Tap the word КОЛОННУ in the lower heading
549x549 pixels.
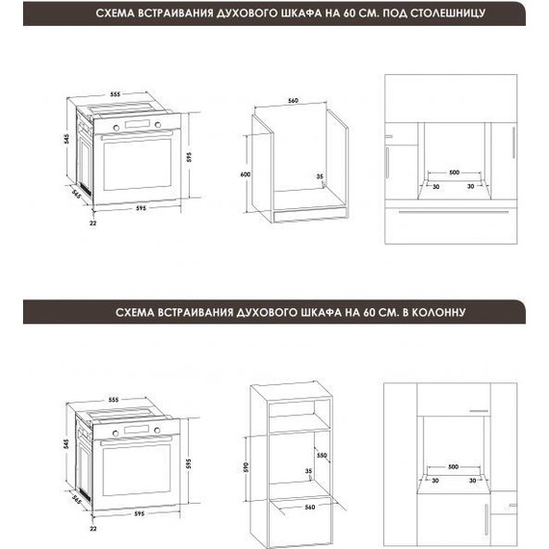click(x=437, y=313)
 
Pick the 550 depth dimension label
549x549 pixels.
click(x=324, y=455)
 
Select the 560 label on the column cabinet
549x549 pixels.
click(x=310, y=506)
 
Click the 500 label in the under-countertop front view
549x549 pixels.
click(x=453, y=172)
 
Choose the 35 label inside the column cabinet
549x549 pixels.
click(x=308, y=472)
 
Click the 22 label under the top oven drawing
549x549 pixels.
click(x=93, y=223)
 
